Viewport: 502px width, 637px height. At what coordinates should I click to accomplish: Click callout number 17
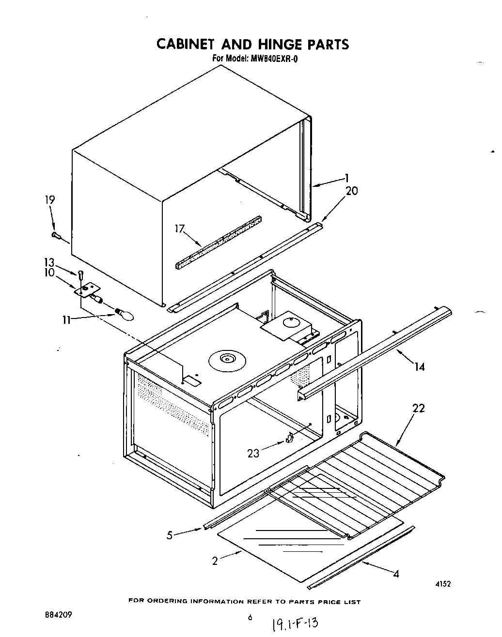pyautogui.click(x=180, y=228)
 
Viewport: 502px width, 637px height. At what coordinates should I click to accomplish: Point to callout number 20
pyautogui.click(x=351, y=191)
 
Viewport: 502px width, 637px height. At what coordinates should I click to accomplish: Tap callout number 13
pyautogui.click(x=49, y=262)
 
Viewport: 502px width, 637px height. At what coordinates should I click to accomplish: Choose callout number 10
pyautogui.click(x=49, y=273)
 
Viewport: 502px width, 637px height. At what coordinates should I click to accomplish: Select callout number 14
pyautogui.click(x=419, y=367)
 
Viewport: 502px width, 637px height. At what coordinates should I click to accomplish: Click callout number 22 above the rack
pyautogui.click(x=418, y=409)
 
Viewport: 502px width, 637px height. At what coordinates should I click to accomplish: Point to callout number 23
pyautogui.click(x=253, y=453)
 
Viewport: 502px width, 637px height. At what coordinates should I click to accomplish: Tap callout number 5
pyautogui.click(x=169, y=535)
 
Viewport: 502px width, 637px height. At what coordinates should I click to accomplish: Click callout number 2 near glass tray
pyautogui.click(x=215, y=561)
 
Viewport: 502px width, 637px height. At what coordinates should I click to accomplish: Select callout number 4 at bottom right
pyautogui.click(x=396, y=574)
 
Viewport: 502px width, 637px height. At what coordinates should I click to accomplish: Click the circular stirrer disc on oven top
pyautogui.click(x=227, y=359)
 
